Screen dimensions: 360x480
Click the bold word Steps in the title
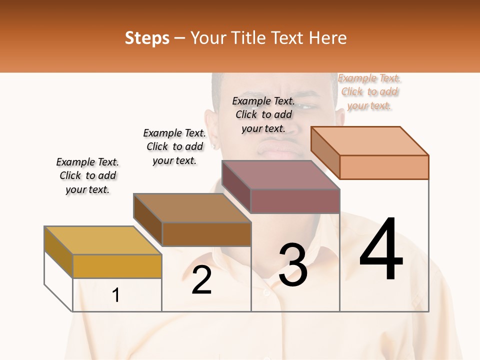tap(147, 38)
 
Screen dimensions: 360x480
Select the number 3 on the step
tap(292, 265)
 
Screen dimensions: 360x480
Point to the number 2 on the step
tap(201, 280)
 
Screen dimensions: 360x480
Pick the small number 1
tap(116, 295)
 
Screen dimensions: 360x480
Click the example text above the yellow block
tap(88, 175)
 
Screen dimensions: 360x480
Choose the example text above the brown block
tap(174, 146)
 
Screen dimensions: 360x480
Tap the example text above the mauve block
tap(263, 114)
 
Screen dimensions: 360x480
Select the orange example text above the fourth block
tap(369, 91)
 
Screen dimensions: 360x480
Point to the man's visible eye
tap(309, 106)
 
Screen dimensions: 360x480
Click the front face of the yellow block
tap(117, 266)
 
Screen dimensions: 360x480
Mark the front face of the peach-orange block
tap(384, 167)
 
